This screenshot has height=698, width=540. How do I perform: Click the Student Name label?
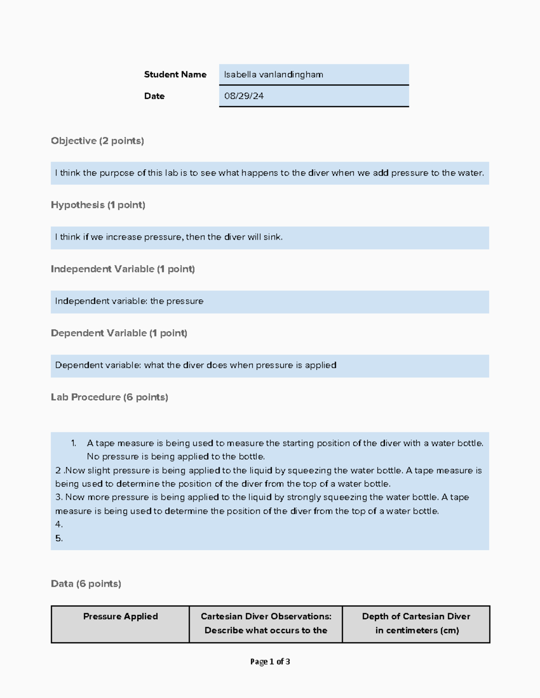(175, 75)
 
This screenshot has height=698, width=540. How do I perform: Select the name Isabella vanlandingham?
(273, 75)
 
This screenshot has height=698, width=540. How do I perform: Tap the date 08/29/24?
(243, 96)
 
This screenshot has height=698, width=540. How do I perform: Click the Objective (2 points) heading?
(97, 141)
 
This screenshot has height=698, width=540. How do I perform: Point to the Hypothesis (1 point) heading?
(98, 205)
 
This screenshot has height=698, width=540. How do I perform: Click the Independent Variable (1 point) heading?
(122, 269)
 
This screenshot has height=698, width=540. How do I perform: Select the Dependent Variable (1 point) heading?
(119, 333)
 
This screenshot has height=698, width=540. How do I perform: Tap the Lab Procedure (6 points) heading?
(109, 397)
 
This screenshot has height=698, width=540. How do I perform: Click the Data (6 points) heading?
(86, 583)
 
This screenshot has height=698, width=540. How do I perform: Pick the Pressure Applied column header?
(120, 617)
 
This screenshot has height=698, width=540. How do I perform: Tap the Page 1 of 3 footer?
(270, 662)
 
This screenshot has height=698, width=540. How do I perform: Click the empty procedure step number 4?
(58, 525)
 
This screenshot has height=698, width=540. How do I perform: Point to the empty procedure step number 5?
(58, 538)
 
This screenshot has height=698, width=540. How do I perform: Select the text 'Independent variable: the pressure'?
(129, 301)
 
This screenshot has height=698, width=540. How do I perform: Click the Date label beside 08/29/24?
(154, 96)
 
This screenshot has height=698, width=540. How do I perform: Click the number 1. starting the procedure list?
(73, 443)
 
